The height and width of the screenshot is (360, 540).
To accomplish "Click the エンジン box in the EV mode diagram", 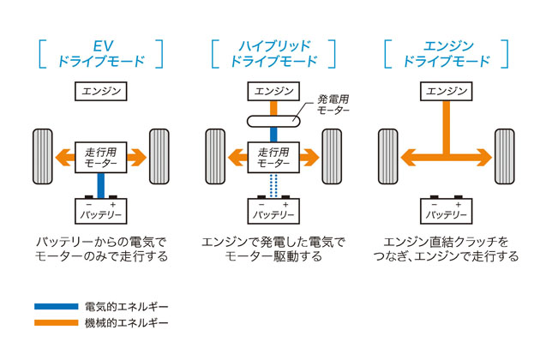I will [100, 90].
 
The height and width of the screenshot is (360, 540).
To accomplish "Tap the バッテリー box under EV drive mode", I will [100, 209].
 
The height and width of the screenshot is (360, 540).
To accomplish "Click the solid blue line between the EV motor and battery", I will [100, 183].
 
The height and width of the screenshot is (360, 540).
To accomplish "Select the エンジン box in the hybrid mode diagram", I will [272, 90].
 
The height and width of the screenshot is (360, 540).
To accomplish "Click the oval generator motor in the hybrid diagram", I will [272, 121].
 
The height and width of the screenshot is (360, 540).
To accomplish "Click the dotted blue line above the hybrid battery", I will [272, 183].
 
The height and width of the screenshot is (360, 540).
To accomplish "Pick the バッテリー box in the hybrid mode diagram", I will [272, 209].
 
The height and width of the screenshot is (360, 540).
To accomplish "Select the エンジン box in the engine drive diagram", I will [446, 90].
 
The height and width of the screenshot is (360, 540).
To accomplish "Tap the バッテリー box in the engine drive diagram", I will [446, 209].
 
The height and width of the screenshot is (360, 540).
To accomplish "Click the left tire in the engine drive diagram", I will [387, 156].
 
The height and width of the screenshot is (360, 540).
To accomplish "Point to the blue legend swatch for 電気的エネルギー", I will [55, 306].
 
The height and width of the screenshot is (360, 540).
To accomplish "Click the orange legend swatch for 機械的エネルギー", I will [55, 323].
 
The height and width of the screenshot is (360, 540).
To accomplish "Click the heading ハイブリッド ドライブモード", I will [272, 52].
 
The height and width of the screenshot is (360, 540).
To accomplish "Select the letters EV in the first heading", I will [100, 45].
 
